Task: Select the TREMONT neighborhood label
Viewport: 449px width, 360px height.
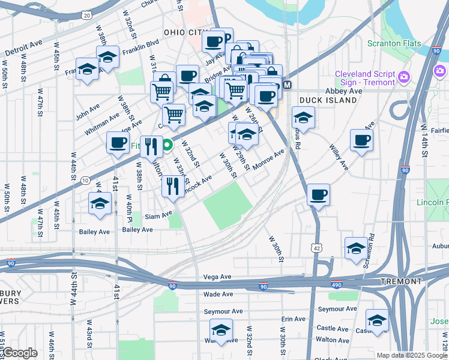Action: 401,281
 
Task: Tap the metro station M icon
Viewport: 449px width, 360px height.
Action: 287,85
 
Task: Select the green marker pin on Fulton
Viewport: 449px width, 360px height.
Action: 168,145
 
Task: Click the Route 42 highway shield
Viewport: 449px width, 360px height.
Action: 316,248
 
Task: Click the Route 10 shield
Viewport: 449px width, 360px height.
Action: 85,181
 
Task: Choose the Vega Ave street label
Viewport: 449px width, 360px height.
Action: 217,277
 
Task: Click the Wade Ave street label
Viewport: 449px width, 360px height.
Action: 217,294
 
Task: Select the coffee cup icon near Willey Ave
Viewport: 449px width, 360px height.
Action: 361,140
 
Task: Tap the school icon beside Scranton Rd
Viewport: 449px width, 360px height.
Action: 356,248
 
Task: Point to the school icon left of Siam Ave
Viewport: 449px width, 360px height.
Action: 100,203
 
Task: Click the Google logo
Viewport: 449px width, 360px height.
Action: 19,353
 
